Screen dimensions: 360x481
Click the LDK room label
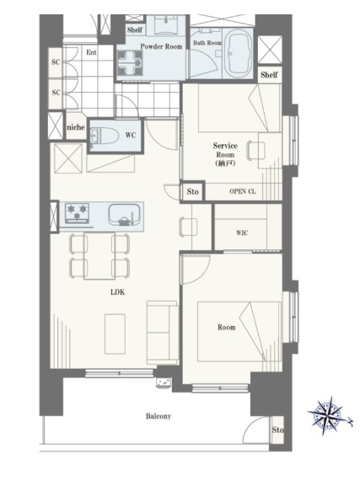117,292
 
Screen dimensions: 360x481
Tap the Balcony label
159,416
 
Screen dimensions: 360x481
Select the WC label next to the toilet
131,136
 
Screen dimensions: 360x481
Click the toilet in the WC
105,136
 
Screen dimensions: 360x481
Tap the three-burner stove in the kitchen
77,213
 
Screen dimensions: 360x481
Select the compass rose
329,415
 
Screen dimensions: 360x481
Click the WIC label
242,232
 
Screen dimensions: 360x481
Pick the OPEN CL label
243,191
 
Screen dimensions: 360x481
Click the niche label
76,127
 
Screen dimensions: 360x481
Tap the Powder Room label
161,46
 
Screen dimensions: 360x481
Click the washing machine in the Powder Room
130,63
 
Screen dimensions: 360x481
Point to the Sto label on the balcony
277,430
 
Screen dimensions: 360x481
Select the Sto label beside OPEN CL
193,192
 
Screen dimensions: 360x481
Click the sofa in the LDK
163,333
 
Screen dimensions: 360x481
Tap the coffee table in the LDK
115,334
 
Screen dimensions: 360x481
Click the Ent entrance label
91,52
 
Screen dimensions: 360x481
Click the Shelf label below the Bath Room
270,74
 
